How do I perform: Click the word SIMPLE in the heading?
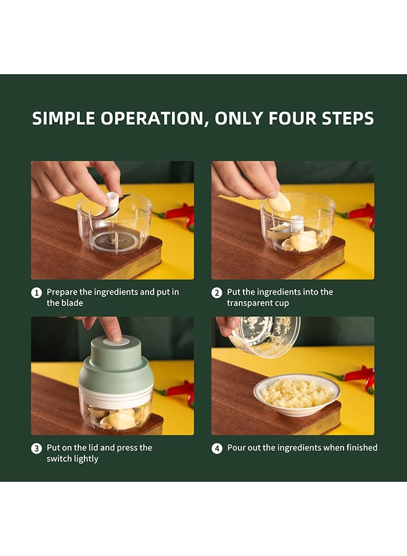click(x=64, y=119)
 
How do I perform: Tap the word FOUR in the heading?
click(x=292, y=119)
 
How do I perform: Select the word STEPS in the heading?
click(x=348, y=119)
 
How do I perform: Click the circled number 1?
click(x=36, y=293)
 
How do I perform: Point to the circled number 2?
click(x=216, y=293)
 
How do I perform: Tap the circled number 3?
click(x=36, y=449)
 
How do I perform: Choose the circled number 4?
click(x=216, y=449)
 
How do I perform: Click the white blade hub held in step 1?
click(x=113, y=201)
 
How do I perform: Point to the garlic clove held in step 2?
click(x=279, y=202)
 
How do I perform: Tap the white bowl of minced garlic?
click(x=297, y=395)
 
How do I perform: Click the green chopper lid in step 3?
click(x=115, y=367)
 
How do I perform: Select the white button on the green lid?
click(x=116, y=342)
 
